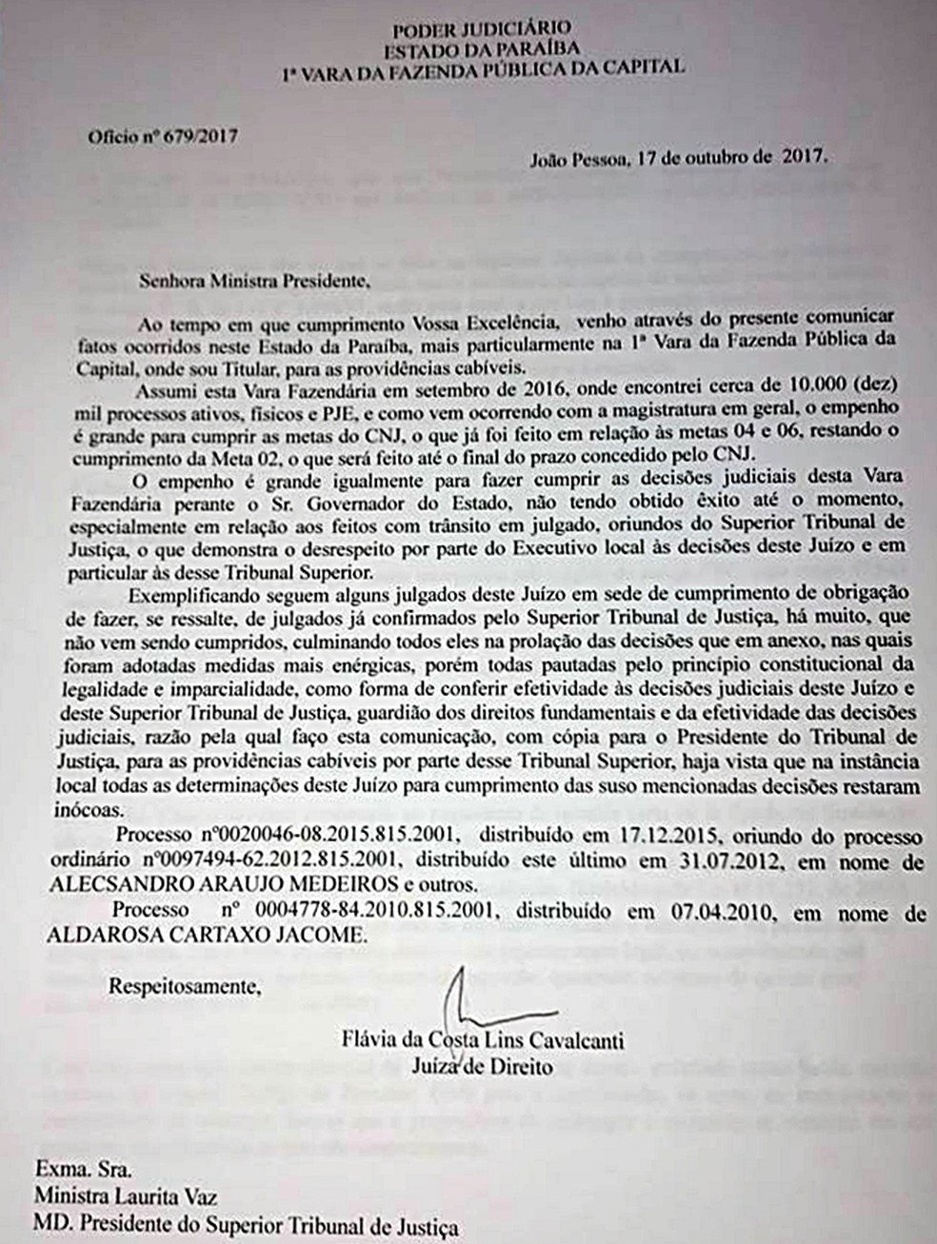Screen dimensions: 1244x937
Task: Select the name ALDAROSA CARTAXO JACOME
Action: pyautogui.click(x=205, y=936)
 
